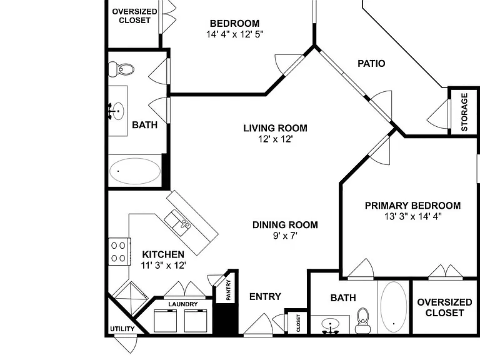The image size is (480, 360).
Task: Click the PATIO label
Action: (371, 63)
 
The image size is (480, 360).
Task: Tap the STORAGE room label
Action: (464, 112)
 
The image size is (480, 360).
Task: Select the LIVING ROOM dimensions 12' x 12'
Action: (276, 139)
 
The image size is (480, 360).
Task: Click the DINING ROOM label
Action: (285, 225)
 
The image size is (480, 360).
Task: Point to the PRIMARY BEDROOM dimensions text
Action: (413, 216)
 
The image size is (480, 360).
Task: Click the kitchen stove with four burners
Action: (119, 252)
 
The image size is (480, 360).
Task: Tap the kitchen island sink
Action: (177, 222)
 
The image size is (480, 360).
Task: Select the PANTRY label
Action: (228, 289)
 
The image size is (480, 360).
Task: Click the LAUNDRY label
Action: (183, 304)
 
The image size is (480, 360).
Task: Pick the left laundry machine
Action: (165, 321)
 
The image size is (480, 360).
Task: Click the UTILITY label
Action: (122, 329)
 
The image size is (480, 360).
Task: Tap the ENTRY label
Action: (265, 296)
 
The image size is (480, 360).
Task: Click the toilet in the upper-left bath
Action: (121, 69)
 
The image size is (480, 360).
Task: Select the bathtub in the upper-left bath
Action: (135, 171)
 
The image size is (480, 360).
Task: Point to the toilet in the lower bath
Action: (362, 321)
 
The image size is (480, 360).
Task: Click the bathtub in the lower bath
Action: (394, 307)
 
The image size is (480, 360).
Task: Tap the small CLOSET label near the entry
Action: (298, 323)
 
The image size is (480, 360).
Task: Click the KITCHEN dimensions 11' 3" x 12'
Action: (164, 266)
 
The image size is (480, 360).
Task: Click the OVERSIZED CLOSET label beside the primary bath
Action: (444, 307)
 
